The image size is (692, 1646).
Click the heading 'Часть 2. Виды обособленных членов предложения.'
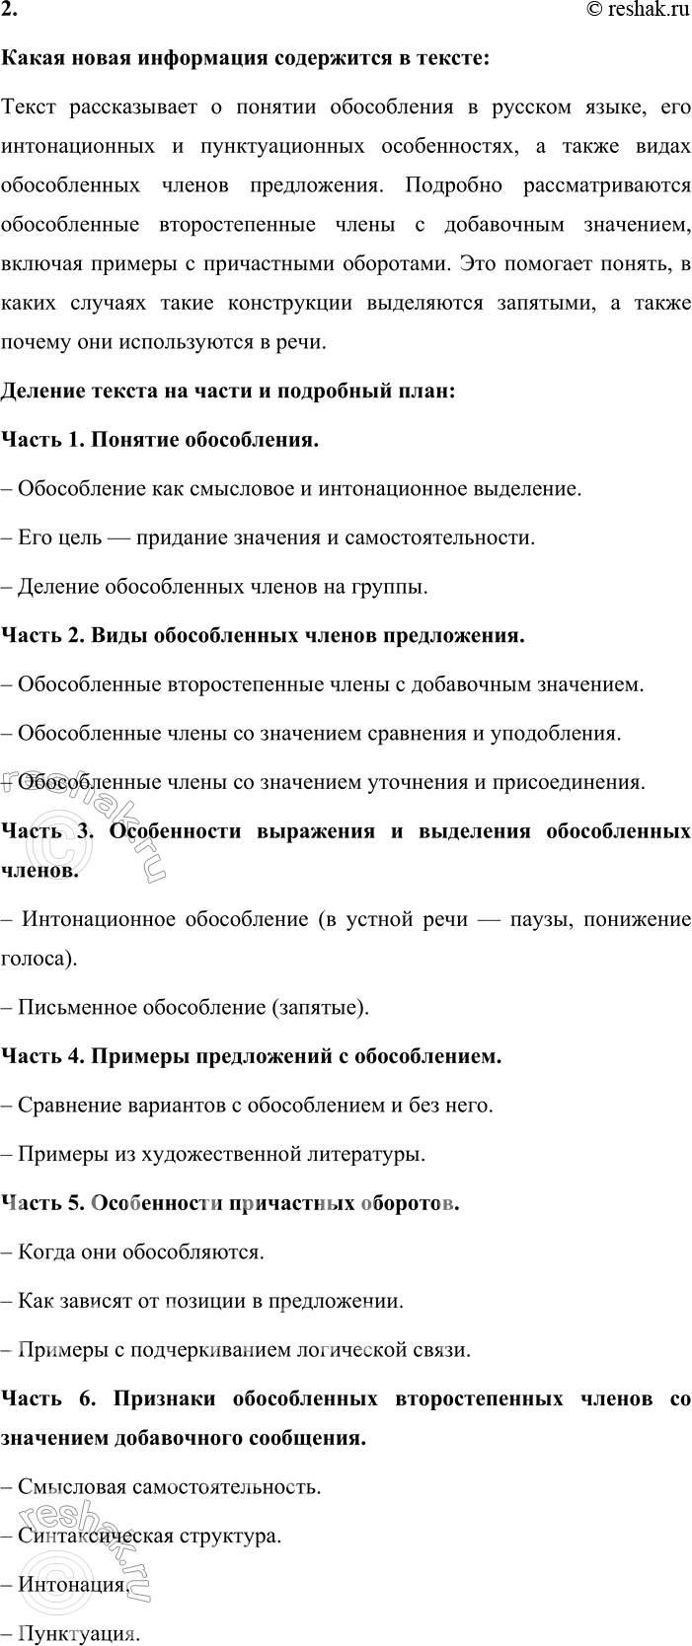tap(263, 635)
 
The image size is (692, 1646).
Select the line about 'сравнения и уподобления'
tap(318, 734)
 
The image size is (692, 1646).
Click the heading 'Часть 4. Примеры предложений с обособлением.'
tap(252, 1056)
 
